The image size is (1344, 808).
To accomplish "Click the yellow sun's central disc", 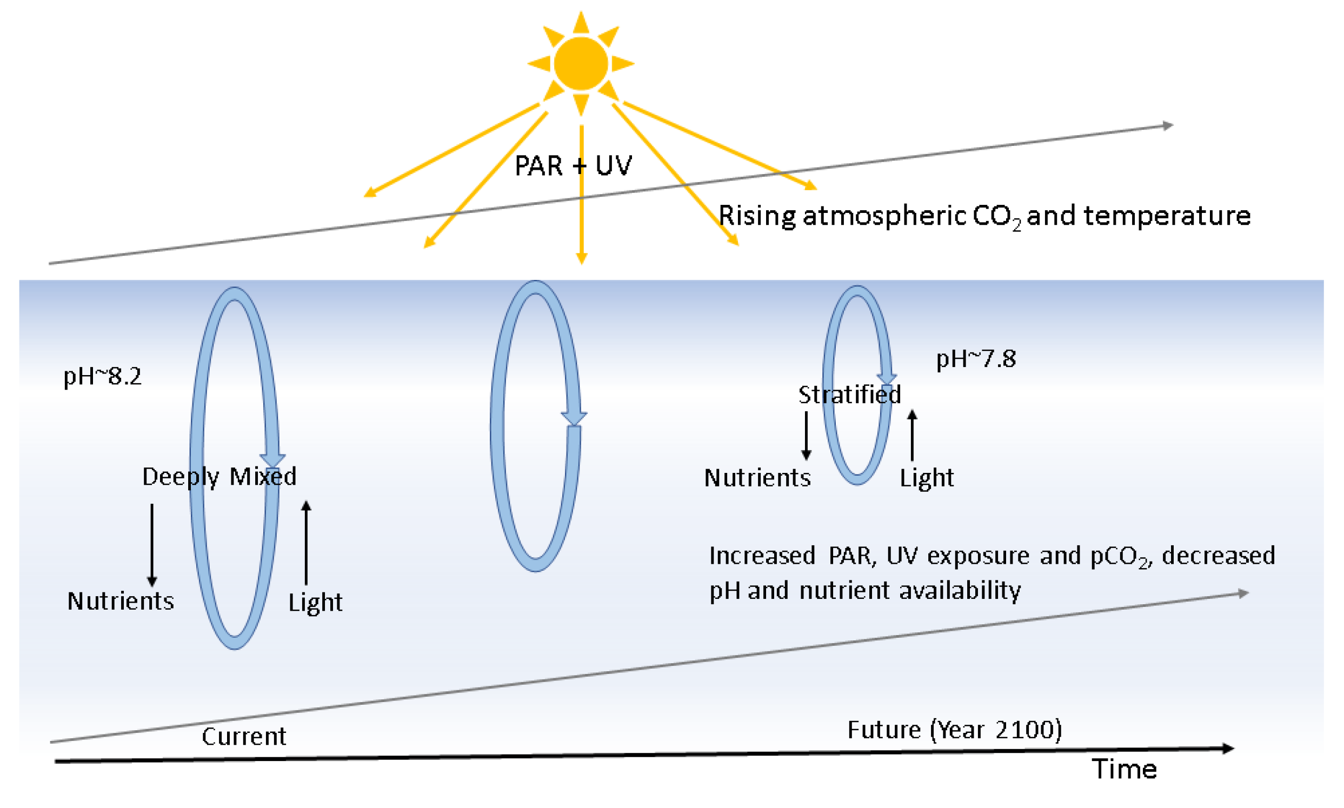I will [581, 63].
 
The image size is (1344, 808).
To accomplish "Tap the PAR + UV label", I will [573, 165].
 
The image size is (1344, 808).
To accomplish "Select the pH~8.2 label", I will [102, 376].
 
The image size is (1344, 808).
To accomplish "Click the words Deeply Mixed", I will [219, 477].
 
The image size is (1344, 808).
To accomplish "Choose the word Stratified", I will [849, 395].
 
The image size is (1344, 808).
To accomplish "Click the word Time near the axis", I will [1124, 769].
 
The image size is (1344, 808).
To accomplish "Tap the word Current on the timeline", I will [243, 737].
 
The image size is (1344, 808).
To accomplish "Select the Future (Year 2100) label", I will [954, 730].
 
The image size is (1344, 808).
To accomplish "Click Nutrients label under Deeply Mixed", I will [121, 601].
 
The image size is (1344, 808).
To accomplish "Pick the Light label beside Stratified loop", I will [926, 478].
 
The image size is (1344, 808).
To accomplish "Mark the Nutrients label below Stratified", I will [757, 478].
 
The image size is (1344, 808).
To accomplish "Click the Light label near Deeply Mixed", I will [315, 603].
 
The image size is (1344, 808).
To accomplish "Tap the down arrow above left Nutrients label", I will [152, 544].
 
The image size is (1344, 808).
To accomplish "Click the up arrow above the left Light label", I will [306, 542].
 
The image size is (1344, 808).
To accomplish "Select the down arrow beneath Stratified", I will [806, 436].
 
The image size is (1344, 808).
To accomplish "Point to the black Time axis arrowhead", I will [1227, 749].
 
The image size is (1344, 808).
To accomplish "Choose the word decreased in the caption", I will [1218, 556].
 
